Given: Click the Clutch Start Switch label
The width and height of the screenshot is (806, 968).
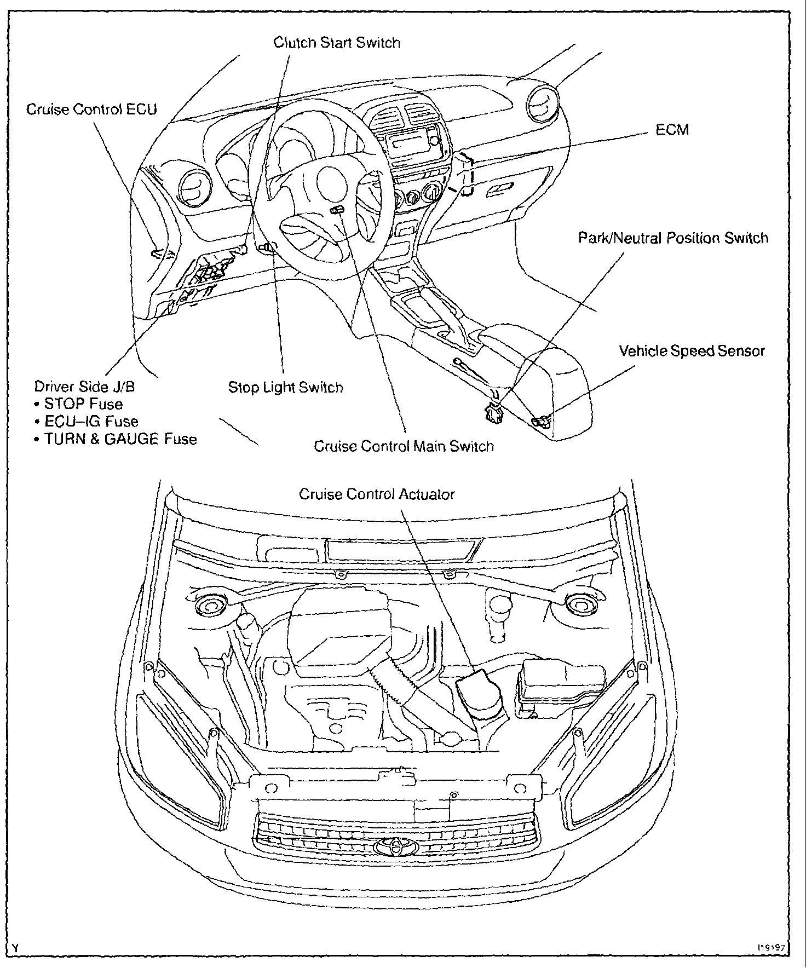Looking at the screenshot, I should point(337,43).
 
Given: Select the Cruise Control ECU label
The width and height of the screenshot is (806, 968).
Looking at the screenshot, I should point(91,110).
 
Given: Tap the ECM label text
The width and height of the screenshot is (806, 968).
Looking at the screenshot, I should point(672,130).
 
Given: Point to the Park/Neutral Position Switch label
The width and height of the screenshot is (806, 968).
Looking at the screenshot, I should point(673,238).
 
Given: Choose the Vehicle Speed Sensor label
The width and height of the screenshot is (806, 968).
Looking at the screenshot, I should point(692,351).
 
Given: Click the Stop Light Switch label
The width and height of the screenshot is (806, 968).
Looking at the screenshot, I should point(285,388).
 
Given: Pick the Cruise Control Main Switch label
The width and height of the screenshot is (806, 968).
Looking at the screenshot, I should point(404,446).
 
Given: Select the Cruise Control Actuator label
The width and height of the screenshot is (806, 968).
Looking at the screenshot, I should point(377,494).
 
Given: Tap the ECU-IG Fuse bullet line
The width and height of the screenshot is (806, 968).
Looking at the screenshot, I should point(87,422).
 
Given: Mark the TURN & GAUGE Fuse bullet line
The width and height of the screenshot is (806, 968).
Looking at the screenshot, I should point(116,439).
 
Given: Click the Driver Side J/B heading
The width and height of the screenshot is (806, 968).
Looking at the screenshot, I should point(84,387).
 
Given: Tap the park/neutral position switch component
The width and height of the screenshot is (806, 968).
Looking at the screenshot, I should point(493,411).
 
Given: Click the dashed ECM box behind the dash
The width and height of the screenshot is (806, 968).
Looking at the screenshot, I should point(465,174).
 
